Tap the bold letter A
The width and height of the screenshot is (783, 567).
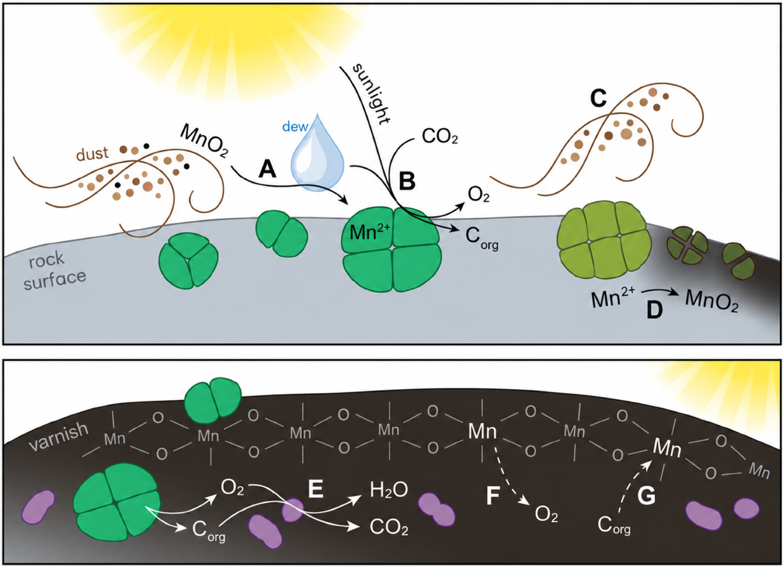[268, 170]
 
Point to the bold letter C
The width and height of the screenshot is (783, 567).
[598, 99]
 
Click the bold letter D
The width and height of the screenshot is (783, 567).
[655, 309]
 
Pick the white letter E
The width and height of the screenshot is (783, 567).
[316, 489]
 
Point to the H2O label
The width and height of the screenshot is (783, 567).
[389, 490]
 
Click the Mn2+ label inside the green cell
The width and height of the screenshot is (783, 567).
[370, 231]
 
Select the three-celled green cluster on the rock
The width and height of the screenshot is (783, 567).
[188, 260]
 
